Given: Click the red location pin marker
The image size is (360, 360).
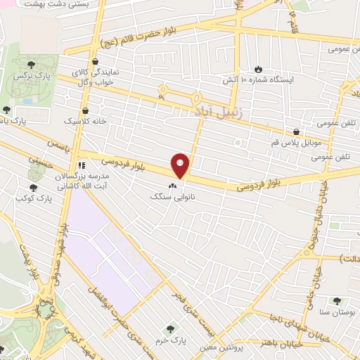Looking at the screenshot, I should pyautogui.click(x=181, y=165).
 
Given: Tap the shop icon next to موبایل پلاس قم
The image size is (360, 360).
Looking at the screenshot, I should pyautogui.click(x=297, y=131).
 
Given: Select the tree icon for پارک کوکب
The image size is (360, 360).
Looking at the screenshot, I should pyautogui.click(x=33, y=187).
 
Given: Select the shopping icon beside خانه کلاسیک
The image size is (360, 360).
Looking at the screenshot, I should pyautogui.click(x=86, y=110).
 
